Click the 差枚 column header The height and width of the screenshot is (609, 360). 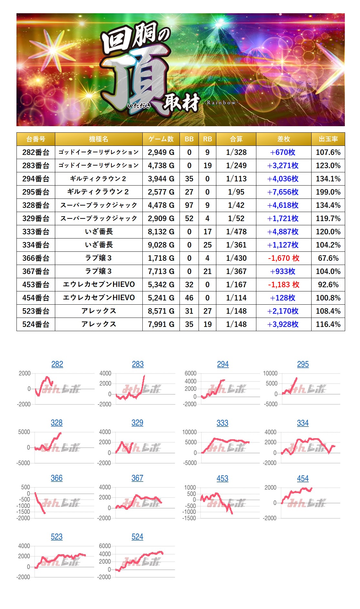tap(283, 139)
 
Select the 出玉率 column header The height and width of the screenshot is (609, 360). tap(328, 139)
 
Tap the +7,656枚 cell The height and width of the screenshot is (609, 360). tap(283, 192)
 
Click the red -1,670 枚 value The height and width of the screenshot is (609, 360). tap(283, 258)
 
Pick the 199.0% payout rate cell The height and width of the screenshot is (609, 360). tap(328, 192)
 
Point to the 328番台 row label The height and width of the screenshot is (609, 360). tap(36, 205)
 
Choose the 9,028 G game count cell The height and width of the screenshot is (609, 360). tap(161, 245)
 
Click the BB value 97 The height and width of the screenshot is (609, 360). tap(189, 205)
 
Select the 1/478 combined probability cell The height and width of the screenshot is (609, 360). tap(236, 232)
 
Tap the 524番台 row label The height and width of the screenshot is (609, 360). tap(36, 324)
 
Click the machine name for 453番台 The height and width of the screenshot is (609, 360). tap(99, 285)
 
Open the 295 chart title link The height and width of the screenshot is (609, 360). tap(303, 364)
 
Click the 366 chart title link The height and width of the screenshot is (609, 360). tap(57, 478)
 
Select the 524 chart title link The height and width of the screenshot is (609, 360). tap(137, 537)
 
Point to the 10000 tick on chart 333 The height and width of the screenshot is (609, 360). tap(190, 432)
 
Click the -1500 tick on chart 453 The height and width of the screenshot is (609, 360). tap(189, 518)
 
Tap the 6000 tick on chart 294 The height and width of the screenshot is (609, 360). tap(190, 373)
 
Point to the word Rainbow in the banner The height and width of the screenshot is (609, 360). tap(221, 103)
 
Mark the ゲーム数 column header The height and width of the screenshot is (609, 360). tap(161, 139)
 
